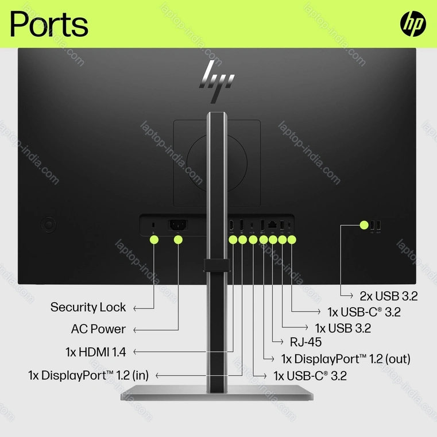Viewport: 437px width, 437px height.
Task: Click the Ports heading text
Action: (x=49, y=24)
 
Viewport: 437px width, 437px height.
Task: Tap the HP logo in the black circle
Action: (x=413, y=24)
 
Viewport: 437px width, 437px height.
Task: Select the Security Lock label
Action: (x=88, y=307)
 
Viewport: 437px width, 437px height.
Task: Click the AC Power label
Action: (x=98, y=329)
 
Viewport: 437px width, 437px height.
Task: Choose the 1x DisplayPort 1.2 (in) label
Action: (x=88, y=376)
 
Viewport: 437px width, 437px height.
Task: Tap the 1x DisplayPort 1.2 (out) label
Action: (x=345, y=359)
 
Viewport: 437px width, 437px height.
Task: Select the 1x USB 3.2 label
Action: (x=343, y=328)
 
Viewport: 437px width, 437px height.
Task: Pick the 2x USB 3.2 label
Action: (x=388, y=296)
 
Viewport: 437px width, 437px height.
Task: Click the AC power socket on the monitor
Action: (x=177, y=225)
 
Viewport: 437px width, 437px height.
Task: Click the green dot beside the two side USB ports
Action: (x=363, y=225)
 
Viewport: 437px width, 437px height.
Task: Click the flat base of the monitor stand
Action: (x=216, y=396)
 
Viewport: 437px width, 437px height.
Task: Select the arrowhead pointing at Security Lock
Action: (x=135, y=308)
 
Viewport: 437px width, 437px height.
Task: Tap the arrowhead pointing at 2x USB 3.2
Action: (x=350, y=296)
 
